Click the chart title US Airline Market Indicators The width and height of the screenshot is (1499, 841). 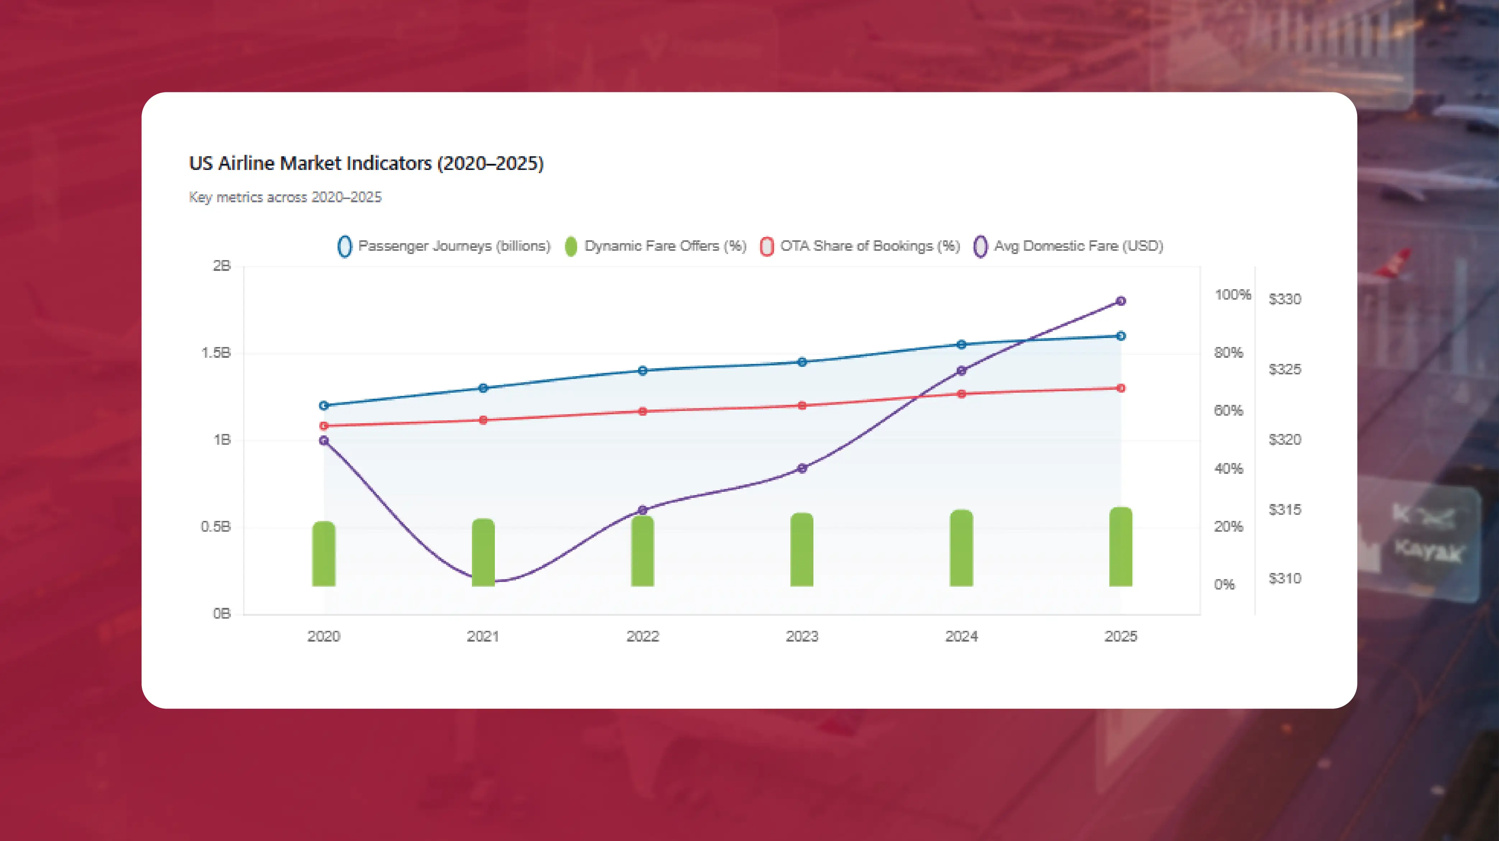click(x=366, y=163)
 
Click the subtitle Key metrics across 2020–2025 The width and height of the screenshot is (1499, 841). click(x=285, y=197)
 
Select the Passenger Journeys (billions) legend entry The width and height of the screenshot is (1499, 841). click(x=444, y=246)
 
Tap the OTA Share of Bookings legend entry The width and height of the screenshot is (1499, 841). click(x=860, y=246)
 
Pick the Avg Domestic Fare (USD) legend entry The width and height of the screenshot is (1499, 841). click(x=1068, y=246)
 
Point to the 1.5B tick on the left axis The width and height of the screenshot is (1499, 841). click(x=216, y=353)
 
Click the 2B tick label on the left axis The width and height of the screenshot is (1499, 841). click(x=222, y=266)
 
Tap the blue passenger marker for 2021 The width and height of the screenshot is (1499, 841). click(x=483, y=388)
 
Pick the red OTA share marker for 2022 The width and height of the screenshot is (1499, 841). click(x=642, y=411)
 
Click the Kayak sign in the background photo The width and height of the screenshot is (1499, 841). click(x=1428, y=549)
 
